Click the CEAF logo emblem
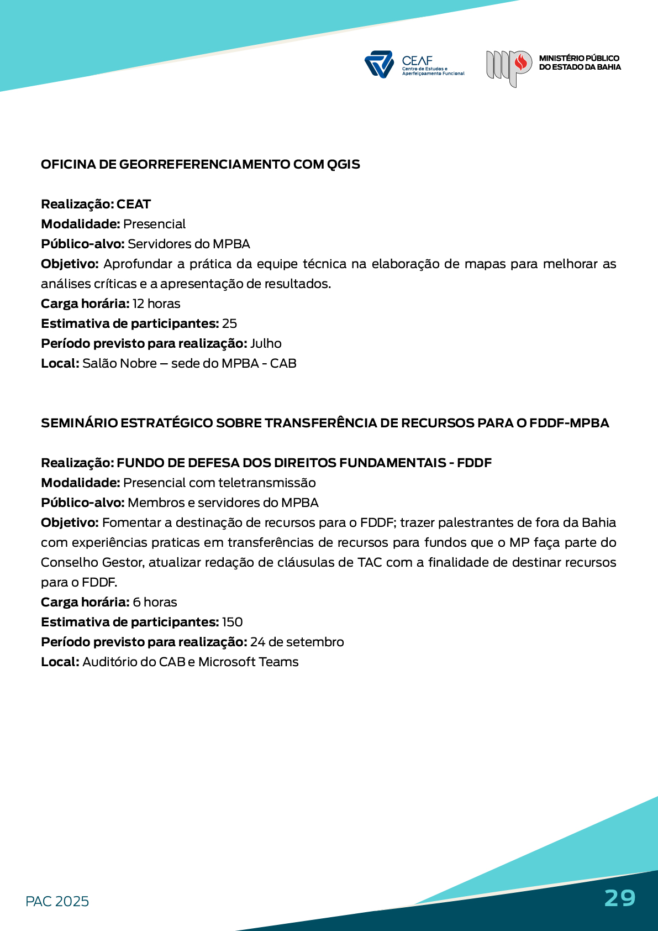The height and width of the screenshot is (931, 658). coord(378,64)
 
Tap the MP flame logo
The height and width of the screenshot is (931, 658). coord(509,67)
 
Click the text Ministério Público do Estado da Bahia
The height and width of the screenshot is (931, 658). coord(580,62)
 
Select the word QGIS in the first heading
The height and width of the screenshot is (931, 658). coord(343,164)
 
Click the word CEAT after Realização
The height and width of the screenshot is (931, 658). coord(134,204)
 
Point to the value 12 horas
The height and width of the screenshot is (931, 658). coord(156,304)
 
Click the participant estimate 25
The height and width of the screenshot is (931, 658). coord(229,323)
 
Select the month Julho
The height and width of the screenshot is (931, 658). coord(266,343)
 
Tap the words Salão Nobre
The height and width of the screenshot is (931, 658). coord(119,363)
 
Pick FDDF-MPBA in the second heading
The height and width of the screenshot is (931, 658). coord(569,423)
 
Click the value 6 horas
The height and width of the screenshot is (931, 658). coord(155,602)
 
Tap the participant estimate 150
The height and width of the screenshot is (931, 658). coord(232,622)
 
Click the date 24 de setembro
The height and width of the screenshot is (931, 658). coord(297,642)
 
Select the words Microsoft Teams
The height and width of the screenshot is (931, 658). coord(248,662)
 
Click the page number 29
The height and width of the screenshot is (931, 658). coord(620,898)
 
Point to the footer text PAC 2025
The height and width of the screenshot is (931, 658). coord(57,901)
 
